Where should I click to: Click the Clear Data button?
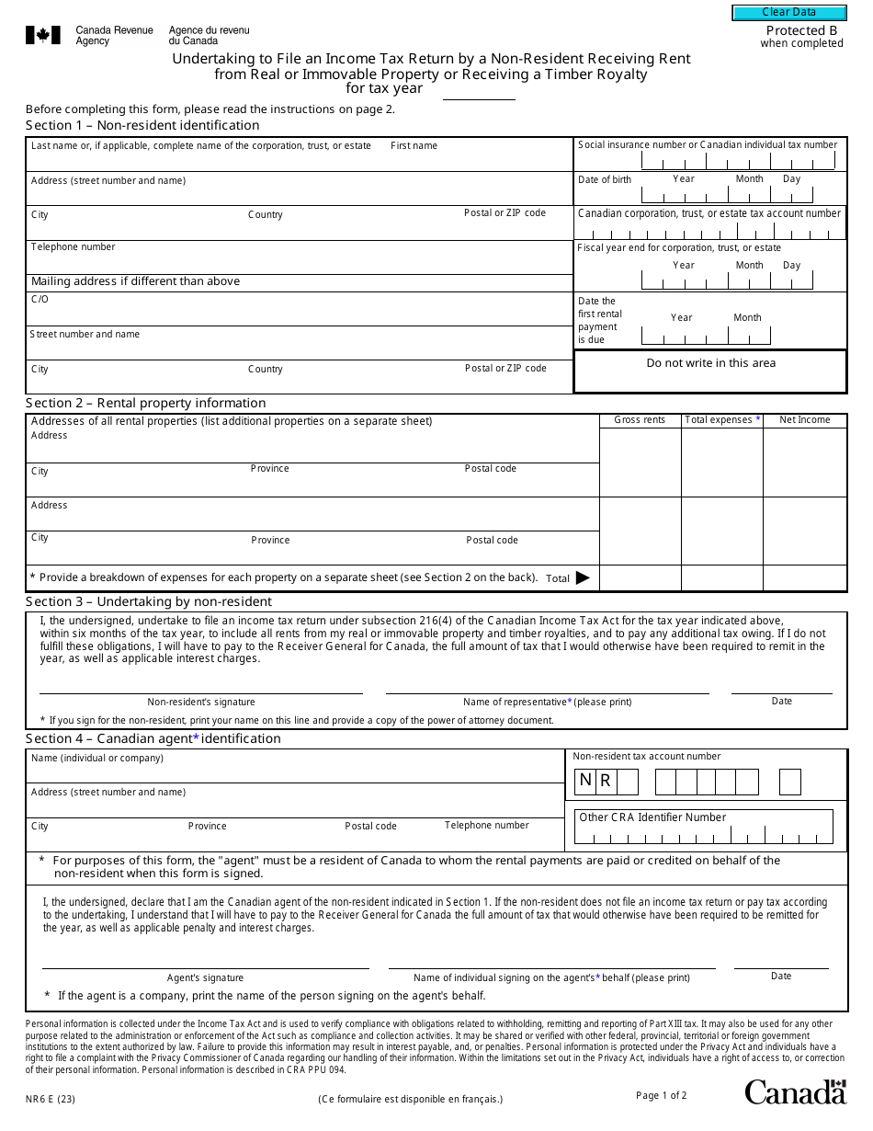coord(788,12)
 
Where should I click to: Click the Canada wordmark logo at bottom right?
coord(795,1091)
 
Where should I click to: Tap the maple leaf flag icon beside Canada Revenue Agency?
coord(43,36)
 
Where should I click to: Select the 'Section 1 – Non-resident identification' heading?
coord(142,125)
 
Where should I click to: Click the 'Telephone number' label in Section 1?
coord(73,246)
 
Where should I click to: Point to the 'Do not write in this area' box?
coord(710,363)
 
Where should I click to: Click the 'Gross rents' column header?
coord(640,420)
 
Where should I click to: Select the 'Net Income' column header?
coord(804,420)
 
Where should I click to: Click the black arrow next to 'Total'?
coord(583,578)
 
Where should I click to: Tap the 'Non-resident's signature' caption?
coord(201,702)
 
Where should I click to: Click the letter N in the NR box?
coord(585,781)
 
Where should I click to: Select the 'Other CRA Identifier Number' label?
coord(652,817)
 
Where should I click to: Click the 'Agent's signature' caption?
coord(205,977)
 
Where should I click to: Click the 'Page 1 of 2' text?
coord(661,1095)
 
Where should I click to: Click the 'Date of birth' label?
coord(605,179)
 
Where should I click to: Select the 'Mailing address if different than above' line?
coord(135,281)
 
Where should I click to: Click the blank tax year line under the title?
coord(479,95)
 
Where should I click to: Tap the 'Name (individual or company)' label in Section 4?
coord(97,759)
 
